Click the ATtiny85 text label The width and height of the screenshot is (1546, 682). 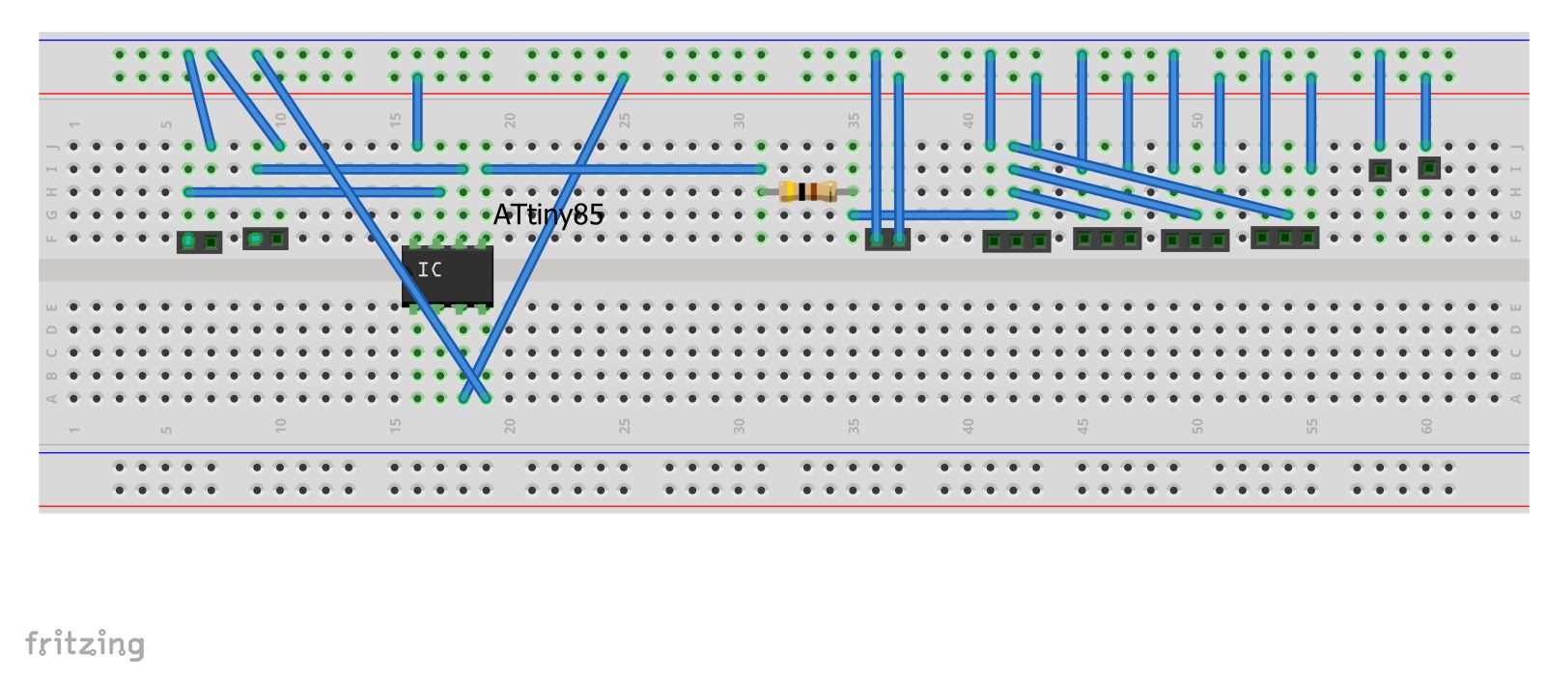[x=548, y=214]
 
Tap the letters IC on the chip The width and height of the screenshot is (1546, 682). [x=430, y=270]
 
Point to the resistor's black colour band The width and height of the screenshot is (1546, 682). [x=802, y=191]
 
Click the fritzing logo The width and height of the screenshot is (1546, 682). [x=85, y=644]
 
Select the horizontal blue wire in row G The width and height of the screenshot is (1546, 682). [x=932, y=214]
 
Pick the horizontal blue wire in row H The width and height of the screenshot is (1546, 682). [x=314, y=192]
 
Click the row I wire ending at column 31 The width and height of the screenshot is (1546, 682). [x=623, y=169]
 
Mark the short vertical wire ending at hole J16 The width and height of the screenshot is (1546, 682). [x=417, y=111]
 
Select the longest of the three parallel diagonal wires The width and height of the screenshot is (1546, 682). [x=1149, y=180]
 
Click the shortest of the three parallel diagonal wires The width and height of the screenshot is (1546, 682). [x=1058, y=203]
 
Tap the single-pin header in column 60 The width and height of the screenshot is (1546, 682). [x=1428, y=168]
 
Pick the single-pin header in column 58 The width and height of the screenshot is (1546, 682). [x=1380, y=171]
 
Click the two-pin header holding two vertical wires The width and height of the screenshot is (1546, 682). [x=887, y=240]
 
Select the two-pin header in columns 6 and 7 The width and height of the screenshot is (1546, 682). [x=200, y=242]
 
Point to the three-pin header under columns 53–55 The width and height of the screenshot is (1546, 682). [x=1284, y=238]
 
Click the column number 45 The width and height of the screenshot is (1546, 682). [x=1082, y=425]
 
